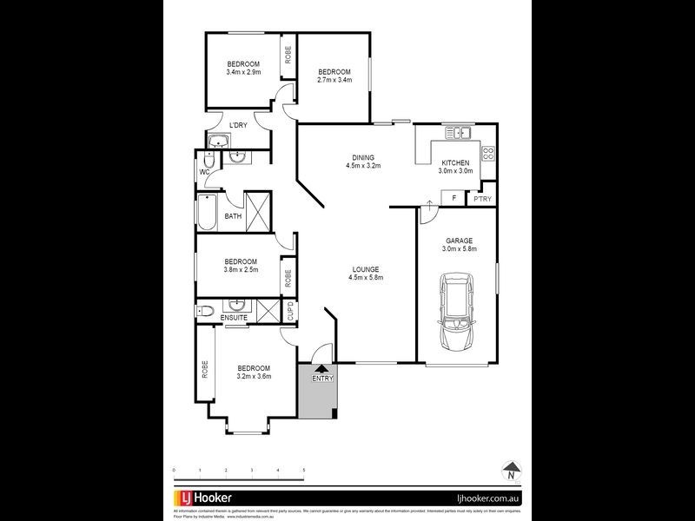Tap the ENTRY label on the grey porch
(x=321, y=378)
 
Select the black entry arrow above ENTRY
(x=321, y=368)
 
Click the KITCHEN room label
(x=455, y=162)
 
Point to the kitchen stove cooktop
(x=487, y=155)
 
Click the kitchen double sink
(x=458, y=133)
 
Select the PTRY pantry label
(x=481, y=200)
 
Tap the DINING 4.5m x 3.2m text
(x=364, y=161)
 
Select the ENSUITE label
(x=234, y=318)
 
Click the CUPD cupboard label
(x=290, y=310)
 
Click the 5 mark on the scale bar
(x=303, y=470)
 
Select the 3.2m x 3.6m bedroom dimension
(x=255, y=377)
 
